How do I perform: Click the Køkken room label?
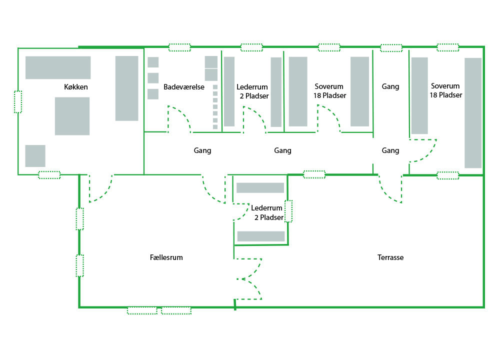click(x=76, y=87)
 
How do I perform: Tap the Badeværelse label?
click(x=184, y=87)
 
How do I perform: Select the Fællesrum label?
click(x=166, y=257)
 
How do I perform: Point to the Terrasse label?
click(x=390, y=257)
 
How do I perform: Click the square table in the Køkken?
click(x=72, y=116)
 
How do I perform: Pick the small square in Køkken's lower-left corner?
click(x=35, y=155)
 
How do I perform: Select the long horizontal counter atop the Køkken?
click(x=58, y=67)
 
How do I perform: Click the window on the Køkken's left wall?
click(x=18, y=102)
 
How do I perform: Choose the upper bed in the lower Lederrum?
click(x=260, y=188)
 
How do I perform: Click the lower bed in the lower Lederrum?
click(x=260, y=236)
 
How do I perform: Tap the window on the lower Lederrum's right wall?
click(x=288, y=210)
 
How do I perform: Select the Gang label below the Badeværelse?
click(x=202, y=150)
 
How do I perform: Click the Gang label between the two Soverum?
click(x=390, y=86)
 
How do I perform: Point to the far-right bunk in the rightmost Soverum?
click(x=473, y=112)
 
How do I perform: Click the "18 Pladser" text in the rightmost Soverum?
click(x=446, y=94)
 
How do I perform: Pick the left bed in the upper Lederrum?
click(x=229, y=91)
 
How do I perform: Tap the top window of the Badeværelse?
click(x=179, y=47)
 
